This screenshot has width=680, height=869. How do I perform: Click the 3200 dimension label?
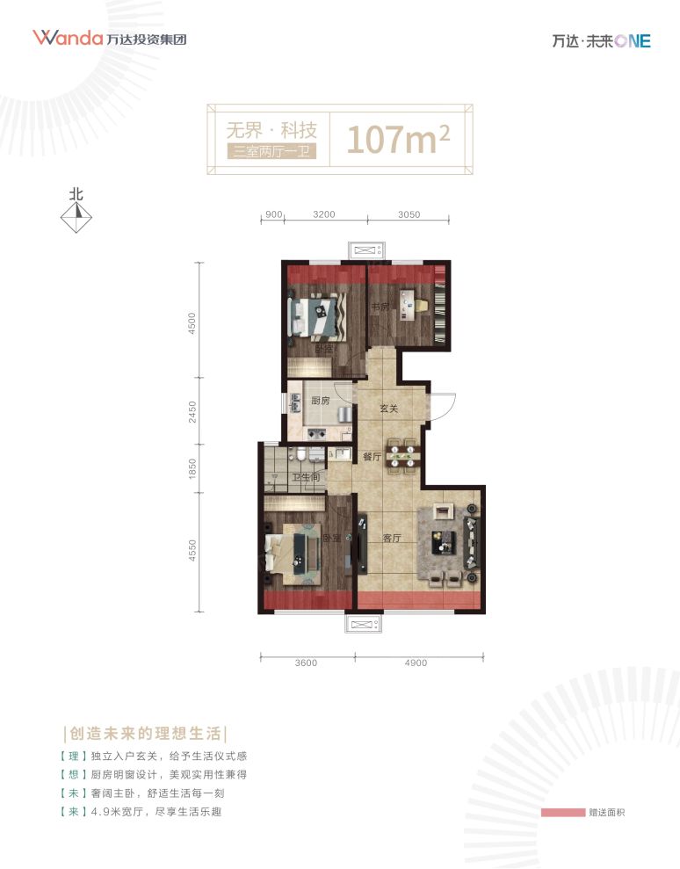[x=325, y=214]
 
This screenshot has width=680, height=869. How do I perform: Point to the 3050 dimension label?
[x=409, y=214]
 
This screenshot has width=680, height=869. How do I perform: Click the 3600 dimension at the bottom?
[x=306, y=663]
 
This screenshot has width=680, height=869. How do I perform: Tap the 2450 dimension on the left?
[x=193, y=411]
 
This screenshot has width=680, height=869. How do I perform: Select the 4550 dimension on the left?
[x=193, y=556]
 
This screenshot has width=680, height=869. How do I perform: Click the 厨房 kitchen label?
[x=320, y=401]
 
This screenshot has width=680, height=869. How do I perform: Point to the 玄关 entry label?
[x=389, y=408]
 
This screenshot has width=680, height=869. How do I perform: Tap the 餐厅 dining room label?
[x=371, y=457]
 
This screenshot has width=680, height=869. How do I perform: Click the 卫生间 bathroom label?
[x=305, y=478]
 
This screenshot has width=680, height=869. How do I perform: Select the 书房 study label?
[x=380, y=307]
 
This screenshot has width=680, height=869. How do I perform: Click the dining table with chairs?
[x=404, y=453]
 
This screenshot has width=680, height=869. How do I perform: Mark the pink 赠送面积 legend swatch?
[x=563, y=812]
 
